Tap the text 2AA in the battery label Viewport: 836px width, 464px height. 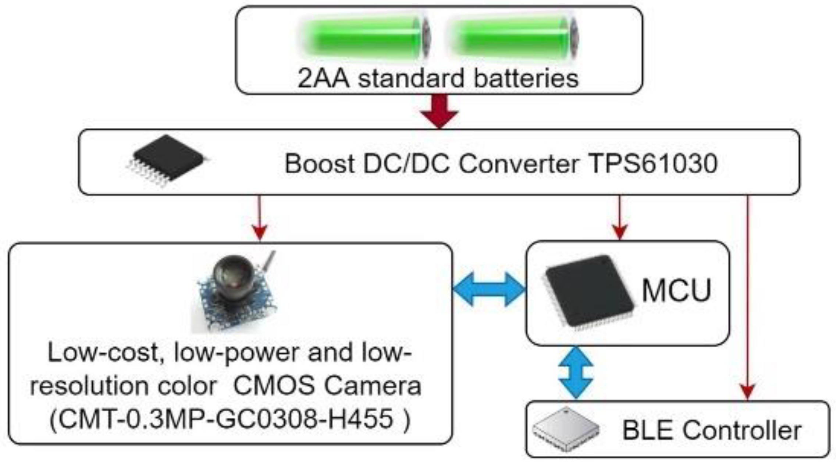click(x=323, y=78)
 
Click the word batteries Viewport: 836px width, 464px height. click(x=526, y=78)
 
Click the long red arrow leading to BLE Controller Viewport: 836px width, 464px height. click(x=747, y=294)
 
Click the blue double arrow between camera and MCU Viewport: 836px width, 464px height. click(x=489, y=289)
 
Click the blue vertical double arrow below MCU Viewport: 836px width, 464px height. click(x=576, y=372)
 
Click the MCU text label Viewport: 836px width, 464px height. click(x=676, y=291)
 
